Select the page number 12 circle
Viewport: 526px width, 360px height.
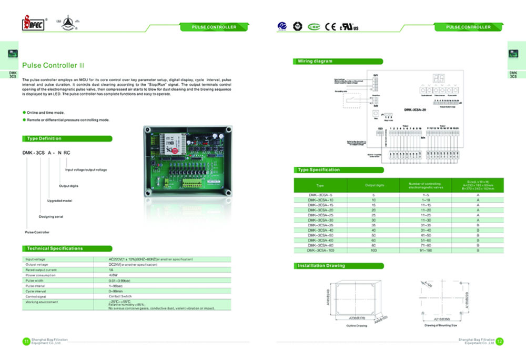pyautogui.click(x=500, y=342)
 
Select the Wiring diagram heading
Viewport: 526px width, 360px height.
pyautogui.click(x=316, y=61)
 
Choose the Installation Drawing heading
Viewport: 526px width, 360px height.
pyautogui.click(x=321, y=266)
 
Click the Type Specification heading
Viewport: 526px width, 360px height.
pyautogui.click(x=319, y=169)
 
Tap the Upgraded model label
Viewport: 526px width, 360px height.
pyautogui.click(x=59, y=201)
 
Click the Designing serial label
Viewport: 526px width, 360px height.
pyautogui.click(x=50, y=216)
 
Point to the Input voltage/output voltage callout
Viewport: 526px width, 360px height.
pyautogui.click(x=86, y=169)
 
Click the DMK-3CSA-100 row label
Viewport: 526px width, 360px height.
pyautogui.click(x=320, y=251)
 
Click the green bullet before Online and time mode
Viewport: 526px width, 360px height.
pyautogui.click(x=24, y=112)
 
